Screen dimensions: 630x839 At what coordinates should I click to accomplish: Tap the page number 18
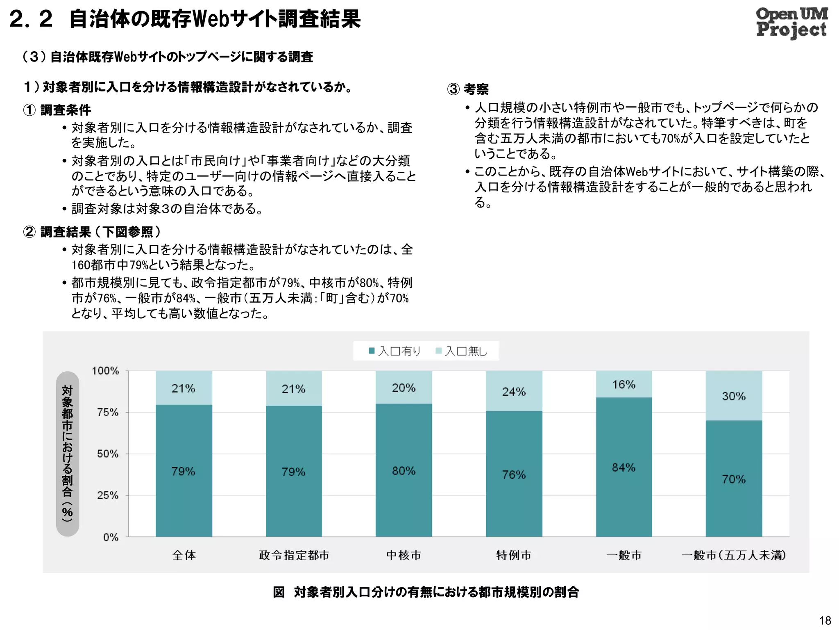[825, 620]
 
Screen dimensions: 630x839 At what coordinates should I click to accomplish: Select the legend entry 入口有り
[395, 351]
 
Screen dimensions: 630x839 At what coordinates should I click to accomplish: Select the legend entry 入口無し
[462, 351]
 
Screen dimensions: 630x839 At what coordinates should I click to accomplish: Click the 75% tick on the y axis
[108, 412]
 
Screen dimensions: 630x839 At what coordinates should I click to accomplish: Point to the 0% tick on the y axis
[111, 537]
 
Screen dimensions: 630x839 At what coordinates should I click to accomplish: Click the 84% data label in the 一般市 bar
[624, 467]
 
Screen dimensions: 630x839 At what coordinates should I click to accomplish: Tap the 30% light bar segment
[734, 396]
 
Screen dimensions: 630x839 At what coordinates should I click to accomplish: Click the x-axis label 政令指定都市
[294, 555]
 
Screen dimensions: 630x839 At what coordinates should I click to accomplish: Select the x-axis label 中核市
[404, 555]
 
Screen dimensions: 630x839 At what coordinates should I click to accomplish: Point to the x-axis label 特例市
[514, 555]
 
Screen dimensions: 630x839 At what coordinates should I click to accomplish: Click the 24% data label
[514, 392]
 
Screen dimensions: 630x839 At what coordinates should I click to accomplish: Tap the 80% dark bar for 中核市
[404, 492]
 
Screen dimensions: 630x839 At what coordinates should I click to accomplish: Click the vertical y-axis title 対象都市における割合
[67, 453]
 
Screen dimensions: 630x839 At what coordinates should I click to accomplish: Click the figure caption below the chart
[426, 592]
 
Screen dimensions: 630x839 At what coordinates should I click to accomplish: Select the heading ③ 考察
[468, 89]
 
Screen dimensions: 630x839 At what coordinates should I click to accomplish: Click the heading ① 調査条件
[57, 110]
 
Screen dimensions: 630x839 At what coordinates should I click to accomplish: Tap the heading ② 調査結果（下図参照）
[92, 232]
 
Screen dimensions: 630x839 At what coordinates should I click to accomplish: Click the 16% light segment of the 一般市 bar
[624, 384]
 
